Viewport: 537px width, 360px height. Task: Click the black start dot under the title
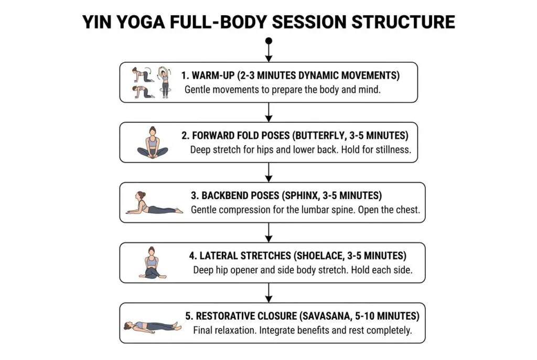269,41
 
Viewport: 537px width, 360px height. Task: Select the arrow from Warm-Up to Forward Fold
269,112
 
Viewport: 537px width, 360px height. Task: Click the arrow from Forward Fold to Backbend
269,172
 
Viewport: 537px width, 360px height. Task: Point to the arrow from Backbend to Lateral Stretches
269,232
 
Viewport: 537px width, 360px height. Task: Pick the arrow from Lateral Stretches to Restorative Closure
269,292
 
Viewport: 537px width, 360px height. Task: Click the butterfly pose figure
153,143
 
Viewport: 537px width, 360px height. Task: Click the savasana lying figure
153,326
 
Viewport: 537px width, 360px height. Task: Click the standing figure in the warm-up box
165,82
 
